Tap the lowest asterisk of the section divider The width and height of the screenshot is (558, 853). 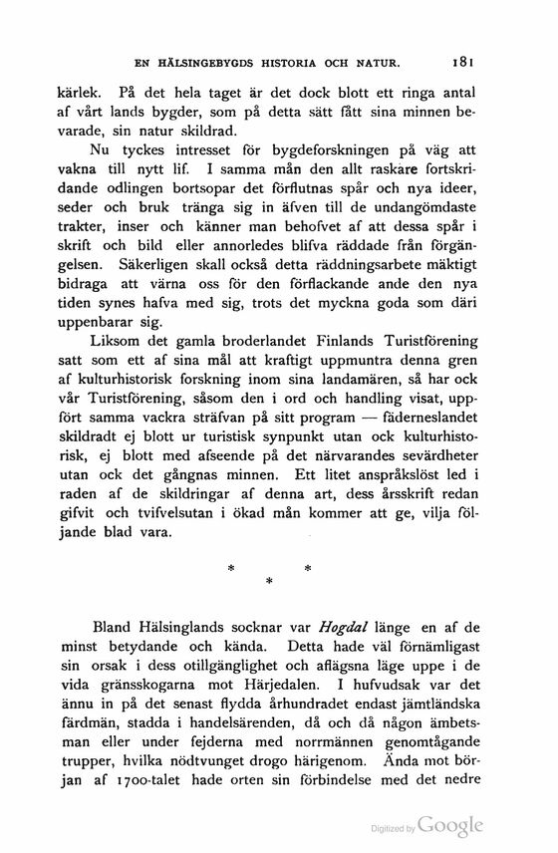(x=269, y=579)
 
